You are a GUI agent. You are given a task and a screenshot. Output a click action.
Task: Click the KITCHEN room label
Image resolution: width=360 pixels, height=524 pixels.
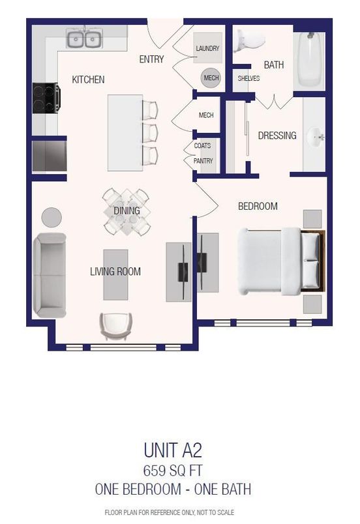(88, 80)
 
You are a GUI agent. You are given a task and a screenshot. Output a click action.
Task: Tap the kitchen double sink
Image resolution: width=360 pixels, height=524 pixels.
(85, 40)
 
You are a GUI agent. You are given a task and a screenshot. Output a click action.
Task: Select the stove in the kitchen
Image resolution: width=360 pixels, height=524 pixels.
(46, 98)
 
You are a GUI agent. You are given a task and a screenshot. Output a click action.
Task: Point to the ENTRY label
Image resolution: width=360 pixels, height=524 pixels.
(151, 59)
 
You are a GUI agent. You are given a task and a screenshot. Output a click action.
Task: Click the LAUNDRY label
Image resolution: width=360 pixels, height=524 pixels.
(207, 49)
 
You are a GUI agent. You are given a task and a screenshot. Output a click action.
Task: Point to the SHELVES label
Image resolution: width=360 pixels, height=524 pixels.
(248, 79)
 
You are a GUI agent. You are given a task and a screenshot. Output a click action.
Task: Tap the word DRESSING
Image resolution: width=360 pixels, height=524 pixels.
(277, 136)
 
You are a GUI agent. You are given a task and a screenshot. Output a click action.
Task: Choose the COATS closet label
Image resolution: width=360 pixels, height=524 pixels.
(202, 146)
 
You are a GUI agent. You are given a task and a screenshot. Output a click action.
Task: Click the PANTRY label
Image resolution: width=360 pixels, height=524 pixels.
(203, 161)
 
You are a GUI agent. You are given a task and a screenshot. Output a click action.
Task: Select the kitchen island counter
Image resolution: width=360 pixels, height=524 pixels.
(125, 132)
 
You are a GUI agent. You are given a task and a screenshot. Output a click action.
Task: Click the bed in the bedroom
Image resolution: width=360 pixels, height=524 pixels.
(277, 260)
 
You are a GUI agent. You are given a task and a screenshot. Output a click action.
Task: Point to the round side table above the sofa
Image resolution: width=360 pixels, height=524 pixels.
(52, 216)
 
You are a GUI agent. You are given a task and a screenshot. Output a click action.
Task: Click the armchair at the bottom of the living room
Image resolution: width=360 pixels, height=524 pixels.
(115, 324)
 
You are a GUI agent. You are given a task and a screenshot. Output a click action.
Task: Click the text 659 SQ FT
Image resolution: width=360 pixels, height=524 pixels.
(180, 470)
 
